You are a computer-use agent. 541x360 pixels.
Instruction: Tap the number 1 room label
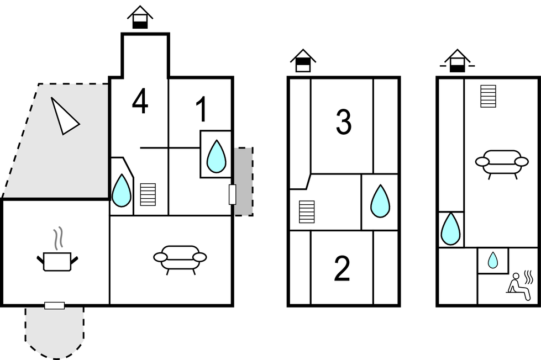click(x=202, y=109)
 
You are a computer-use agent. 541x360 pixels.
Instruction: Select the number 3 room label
click(x=344, y=122)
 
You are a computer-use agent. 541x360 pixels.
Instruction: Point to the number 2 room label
click(x=343, y=269)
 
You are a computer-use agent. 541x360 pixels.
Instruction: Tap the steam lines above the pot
click(x=57, y=239)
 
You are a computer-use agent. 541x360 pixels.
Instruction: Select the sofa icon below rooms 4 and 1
click(x=180, y=258)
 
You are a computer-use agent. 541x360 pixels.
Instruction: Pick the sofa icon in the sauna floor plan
click(x=502, y=163)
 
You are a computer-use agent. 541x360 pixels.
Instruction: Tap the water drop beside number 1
click(x=216, y=156)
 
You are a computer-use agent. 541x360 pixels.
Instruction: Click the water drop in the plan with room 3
click(x=380, y=201)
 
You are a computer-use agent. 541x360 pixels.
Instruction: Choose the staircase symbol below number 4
click(x=148, y=194)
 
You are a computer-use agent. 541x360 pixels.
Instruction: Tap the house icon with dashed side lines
click(x=457, y=61)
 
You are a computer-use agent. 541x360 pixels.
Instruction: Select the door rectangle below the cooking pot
click(x=54, y=305)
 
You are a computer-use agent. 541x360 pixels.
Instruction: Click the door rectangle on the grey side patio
click(x=232, y=194)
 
